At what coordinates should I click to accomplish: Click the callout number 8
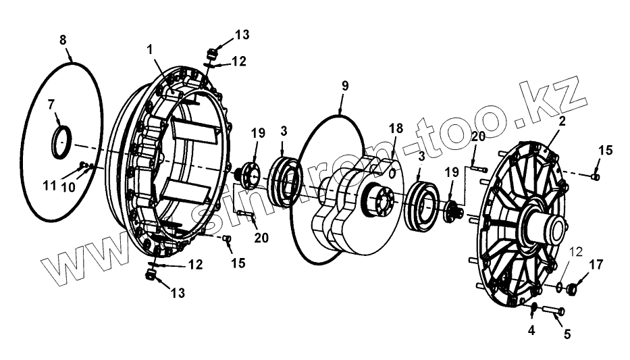63,41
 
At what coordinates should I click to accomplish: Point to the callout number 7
50,105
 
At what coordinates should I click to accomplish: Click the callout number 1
151,49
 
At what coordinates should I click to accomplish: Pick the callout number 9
344,86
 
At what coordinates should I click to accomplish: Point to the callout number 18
395,128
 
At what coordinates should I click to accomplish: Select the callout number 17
596,264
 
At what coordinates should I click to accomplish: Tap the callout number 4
531,331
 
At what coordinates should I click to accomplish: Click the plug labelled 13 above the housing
211,53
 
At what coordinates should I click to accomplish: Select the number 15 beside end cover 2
606,151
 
